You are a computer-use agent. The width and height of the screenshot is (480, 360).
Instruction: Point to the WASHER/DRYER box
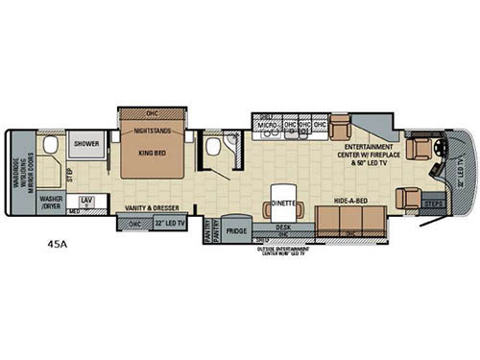pyautogui.click(x=51, y=204)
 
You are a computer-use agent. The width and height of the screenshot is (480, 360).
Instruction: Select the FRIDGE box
pyautogui.click(x=235, y=230)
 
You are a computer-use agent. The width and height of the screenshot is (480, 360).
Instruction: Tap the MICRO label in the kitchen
pyautogui.click(x=268, y=124)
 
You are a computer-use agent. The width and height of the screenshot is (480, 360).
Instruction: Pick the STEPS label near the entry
pyautogui.click(x=432, y=203)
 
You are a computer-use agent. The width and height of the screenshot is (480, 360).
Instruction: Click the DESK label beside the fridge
pyautogui.click(x=282, y=227)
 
